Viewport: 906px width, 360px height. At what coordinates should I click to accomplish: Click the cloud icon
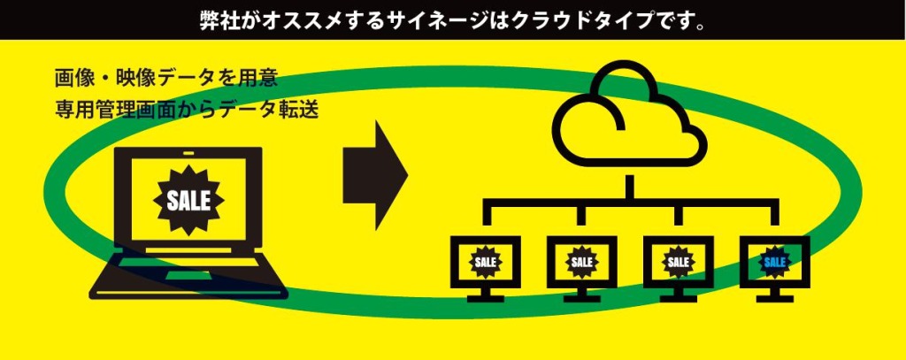coord(629,119)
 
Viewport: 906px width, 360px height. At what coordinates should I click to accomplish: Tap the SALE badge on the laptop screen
coord(188,200)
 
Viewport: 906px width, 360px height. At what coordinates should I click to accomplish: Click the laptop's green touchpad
coord(191,277)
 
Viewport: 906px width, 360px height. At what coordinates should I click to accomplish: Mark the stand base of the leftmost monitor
coord(486,299)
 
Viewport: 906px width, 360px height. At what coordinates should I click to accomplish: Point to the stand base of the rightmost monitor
coord(774,299)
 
